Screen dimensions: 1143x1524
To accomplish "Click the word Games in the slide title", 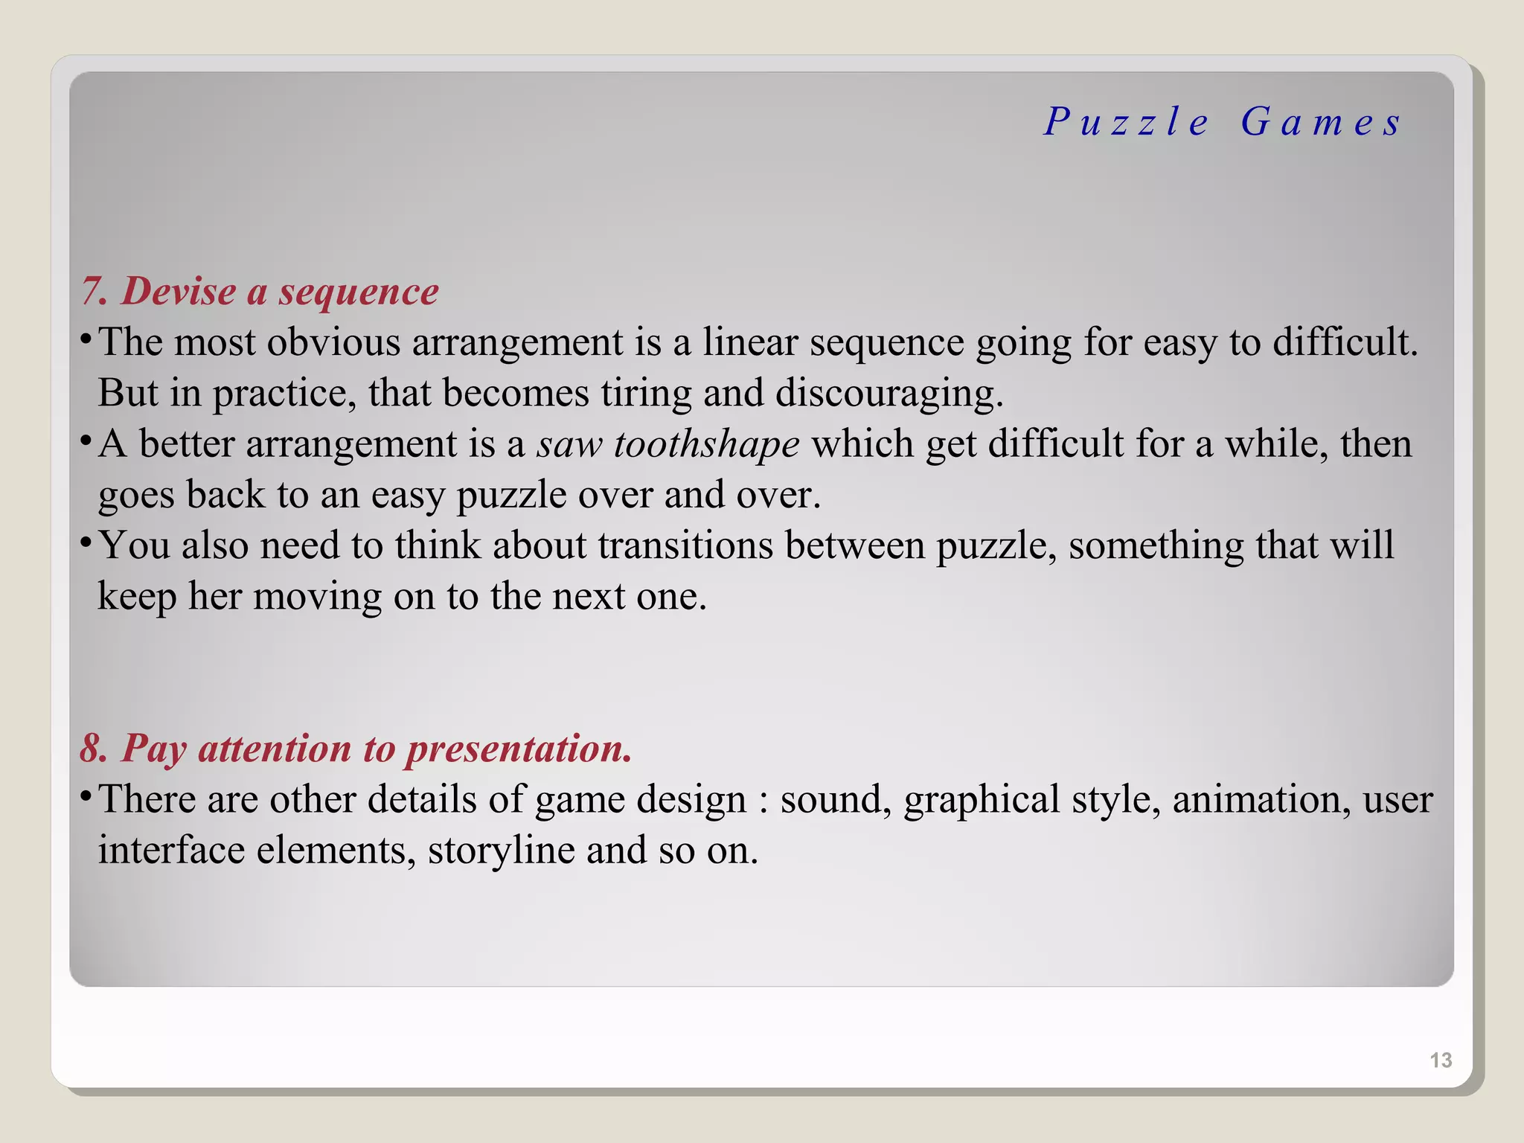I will [x=1321, y=121].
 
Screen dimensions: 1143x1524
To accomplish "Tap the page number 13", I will [x=1441, y=1060].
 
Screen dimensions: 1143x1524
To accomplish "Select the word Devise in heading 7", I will [x=179, y=290].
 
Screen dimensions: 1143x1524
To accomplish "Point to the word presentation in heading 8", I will [x=518, y=749].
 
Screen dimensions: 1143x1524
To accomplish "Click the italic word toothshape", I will [x=706, y=444].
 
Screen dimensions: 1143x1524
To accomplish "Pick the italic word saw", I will [x=569, y=445].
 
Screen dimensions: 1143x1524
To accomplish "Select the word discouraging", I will [x=889, y=394].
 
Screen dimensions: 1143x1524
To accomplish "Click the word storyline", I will [x=501, y=850].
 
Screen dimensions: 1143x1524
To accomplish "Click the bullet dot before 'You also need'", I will [x=86, y=541].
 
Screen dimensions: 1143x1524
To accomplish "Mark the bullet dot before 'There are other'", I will [x=86, y=795].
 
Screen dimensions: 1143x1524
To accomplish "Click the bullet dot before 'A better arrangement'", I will [x=86, y=439].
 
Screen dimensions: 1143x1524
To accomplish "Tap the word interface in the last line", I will [x=171, y=850].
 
